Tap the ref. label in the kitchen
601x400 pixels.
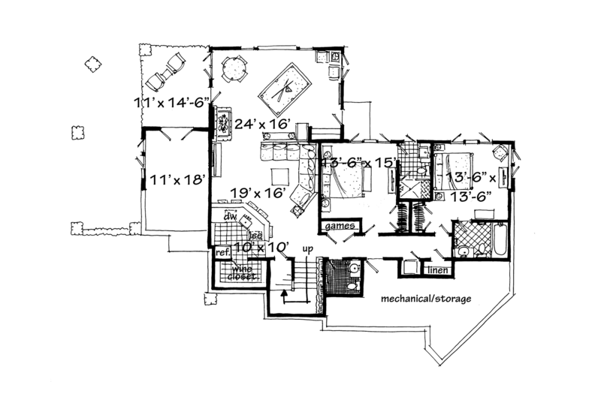tap(222, 254)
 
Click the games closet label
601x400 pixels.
tap(339, 226)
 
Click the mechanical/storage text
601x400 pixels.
tap(425, 299)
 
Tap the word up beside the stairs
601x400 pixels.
tap(306, 248)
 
